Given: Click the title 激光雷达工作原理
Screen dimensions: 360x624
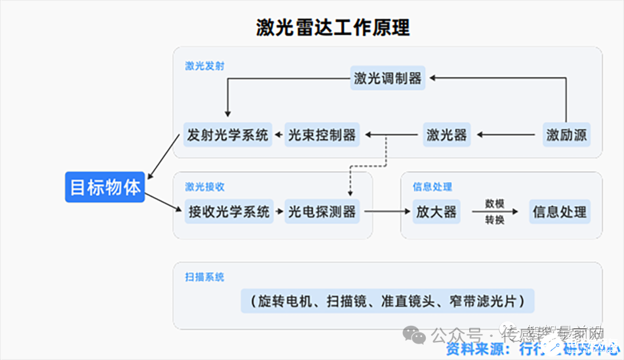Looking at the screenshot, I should pyautogui.click(x=333, y=27).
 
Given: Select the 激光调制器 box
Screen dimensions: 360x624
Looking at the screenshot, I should pyautogui.click(x=388, y=78).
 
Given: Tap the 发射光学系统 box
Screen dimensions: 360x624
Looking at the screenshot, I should pyautogui.click(x=228, y=135).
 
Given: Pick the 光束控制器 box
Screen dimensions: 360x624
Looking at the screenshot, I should pyautogui.click(x=322, y=135).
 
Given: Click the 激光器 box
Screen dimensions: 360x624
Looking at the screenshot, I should pyautogui.click(x=447, y=135).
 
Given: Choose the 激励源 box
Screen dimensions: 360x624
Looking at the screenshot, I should pyautogui.click(x=566, y=135).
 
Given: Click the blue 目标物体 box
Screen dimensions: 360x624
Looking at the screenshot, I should pyautogui.click(x=105, y=187).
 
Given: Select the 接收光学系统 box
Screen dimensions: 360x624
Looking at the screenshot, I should pyautogui.click(x=229, y=212).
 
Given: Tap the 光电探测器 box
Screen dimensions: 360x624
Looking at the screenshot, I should pyautogui.click(x=322, y=212).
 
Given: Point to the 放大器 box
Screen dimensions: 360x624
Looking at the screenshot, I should pyautogui.click(x=436, y=212).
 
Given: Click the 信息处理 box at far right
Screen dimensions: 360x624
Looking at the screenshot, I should pyautogui.click(x=559, y=212).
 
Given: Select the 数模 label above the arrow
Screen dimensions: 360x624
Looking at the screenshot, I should pyautogui.click(x=495, y=203).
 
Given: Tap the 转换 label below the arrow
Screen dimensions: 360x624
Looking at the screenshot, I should pyautogui.click(x=495, y=220).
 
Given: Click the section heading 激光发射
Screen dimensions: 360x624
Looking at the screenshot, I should pyautogui.click(x=205, y=66).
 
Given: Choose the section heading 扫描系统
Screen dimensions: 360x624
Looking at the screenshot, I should pyautogui.click(x=205, y=277).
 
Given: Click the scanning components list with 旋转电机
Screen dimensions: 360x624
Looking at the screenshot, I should pyautogui.click(x=387, y=301).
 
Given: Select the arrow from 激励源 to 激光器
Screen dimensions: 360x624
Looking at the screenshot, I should pyautogui.click(x=506, y=135).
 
